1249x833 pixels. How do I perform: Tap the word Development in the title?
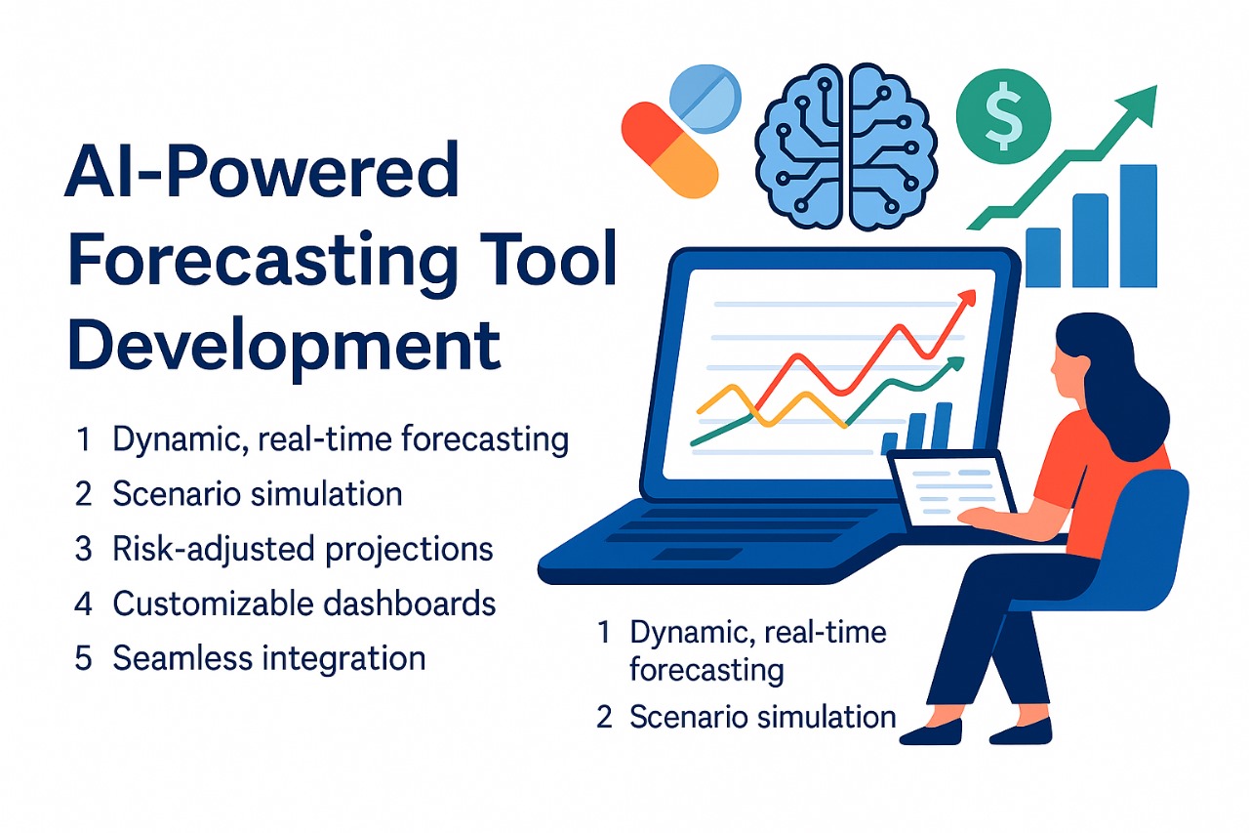click(x=284, y=347)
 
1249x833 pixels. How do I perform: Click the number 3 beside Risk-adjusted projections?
click(x=83, y=549)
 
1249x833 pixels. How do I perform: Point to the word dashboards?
click(x=409, y=604)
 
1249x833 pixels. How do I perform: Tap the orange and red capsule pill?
click(x=669, y=149)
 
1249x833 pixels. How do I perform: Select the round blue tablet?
click(x=705, y=100)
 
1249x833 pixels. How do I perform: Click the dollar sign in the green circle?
click(x=1003, y=116)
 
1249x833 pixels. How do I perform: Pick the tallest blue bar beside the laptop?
click(x=1139, y=226)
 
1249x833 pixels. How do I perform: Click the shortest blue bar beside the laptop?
click(x=1043, y=258)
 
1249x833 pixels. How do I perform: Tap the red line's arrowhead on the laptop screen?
click(x=967, y=299)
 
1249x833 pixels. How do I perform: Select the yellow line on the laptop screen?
click(x=772, y=406)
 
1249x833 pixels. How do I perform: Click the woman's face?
click(x=1067, y=370)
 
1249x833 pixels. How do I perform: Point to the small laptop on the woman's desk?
click(x=950, y=489)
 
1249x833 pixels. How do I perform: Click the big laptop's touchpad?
click(x=697, y=554)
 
